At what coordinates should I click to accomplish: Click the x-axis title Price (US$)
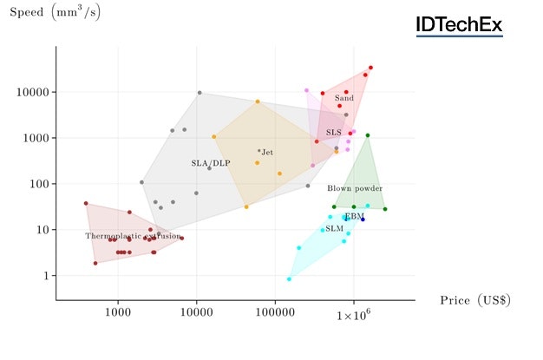(474, 300)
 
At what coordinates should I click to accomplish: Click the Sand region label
(344, 98)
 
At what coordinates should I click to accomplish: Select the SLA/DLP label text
(211, 163)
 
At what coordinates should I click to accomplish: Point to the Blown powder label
(355, 188)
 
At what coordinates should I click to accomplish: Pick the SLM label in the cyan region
(335, 228)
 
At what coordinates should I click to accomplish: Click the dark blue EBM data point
(363, 219)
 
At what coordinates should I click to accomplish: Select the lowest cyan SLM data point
(289, 279)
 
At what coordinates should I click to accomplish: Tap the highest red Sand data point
(370, 68)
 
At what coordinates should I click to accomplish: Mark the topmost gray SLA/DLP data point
(200, 93)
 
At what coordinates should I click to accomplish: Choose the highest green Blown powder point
(368, 135)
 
